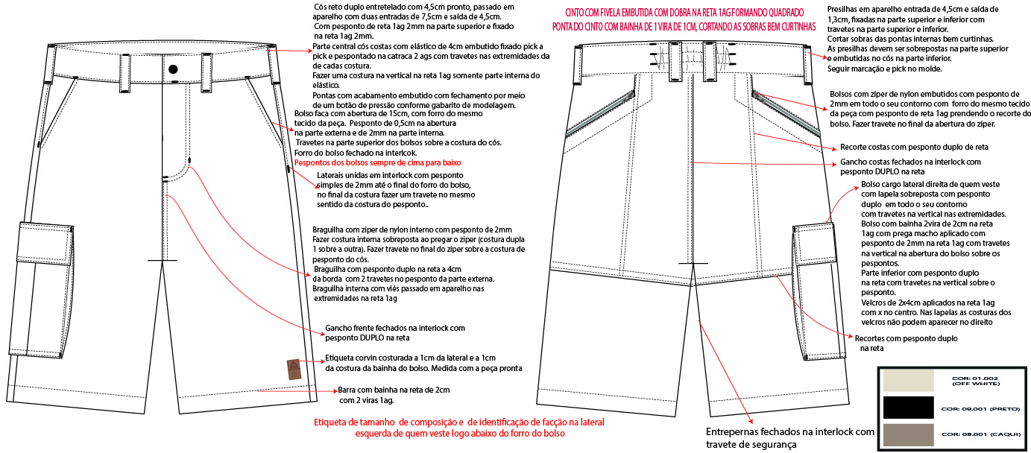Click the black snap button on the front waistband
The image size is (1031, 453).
[x=173, y=69]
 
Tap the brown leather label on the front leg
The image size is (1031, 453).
[x=294, y=368]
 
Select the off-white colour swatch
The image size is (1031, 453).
[x=907, y=381]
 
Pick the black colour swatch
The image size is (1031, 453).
[x=907, y=408]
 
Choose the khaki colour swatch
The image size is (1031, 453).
[x=907, y=434]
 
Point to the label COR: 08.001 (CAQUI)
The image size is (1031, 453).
[x=980, y=434]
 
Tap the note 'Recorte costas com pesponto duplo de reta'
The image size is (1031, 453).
[x=914, y=147]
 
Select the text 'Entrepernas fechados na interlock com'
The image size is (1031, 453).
[x=789, y=431]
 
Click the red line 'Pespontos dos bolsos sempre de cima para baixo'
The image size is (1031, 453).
[x=378, y=162]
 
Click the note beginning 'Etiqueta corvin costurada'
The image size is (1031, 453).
[x=411, y=358]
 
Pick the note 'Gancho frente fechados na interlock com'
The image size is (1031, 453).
[x=395, y=327]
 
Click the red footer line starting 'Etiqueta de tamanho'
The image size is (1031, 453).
[x=459, y=422]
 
